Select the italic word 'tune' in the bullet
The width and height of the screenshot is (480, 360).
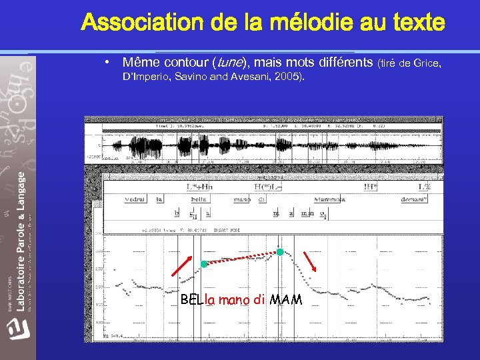click(x=228, y=63)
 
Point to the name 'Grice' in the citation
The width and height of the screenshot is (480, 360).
click(x=427, y=63)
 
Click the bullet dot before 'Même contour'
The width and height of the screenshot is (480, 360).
click(x=107, y=63)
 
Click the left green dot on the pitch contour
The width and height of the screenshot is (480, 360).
click(x=203, y=264)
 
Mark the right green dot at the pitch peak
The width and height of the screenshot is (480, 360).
click(x=281, y=252)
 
